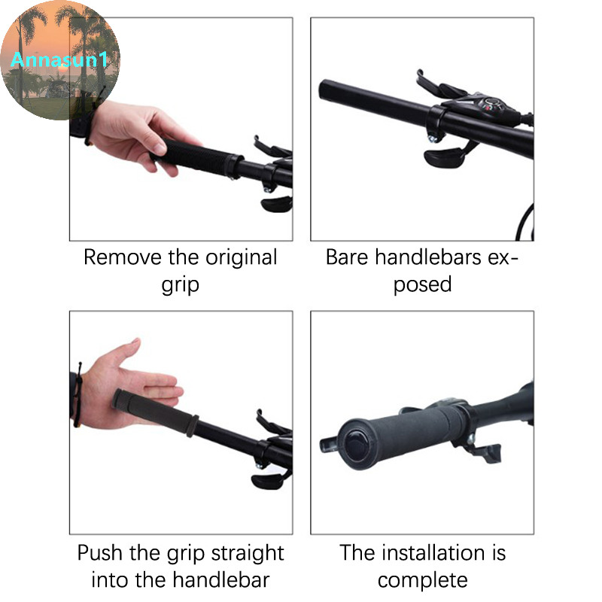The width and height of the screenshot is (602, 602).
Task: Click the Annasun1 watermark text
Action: click(x=59, y=59)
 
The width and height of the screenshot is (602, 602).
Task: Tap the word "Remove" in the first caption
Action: click(x=123, y=257)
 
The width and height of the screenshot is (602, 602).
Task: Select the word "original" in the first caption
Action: click(x=241, y=257)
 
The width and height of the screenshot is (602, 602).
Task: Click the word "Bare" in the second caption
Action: click(x=347, y=257)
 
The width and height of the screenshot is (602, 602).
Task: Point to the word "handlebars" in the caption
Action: click(x=428, y=257)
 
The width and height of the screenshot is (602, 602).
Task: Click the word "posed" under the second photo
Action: click(x=422, y=284)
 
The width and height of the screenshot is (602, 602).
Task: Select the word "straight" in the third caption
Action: click(x=248, y=554)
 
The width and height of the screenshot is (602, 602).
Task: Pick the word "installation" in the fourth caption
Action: click(x=434, y=553)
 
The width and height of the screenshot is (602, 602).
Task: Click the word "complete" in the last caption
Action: click(x=423, y=580)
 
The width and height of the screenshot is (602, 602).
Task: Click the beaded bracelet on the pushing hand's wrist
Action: click(x=78, y=396)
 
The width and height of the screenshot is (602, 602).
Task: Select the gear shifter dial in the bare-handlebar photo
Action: click(x=490, y=104)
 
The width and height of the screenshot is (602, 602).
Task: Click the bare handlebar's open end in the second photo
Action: click(x=325, y=90)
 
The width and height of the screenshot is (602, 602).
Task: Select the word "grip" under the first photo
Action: click(x=180, y=285)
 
